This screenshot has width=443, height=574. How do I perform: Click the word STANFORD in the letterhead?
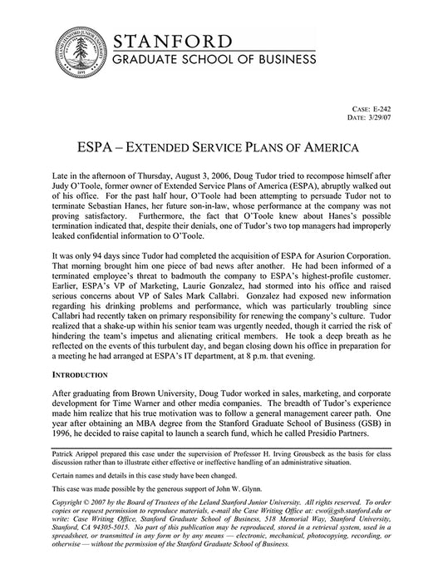coord(172,40)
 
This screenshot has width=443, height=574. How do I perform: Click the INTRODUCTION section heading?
coord(87,375)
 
